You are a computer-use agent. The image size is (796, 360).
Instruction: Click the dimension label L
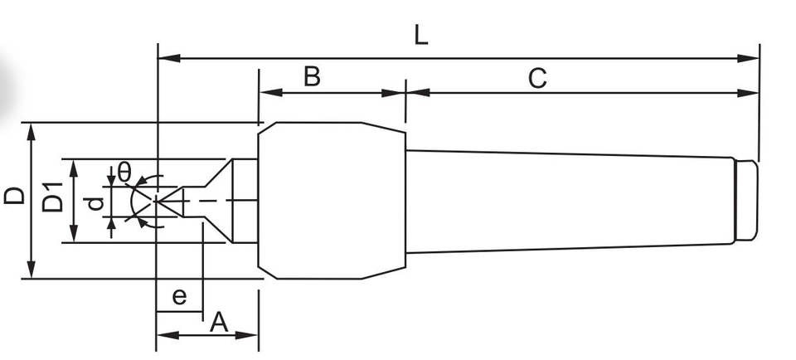(x=421, y=36)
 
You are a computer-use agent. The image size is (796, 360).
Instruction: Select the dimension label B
(x=312, y=76)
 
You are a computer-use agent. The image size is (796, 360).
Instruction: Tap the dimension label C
(x=537, y=79)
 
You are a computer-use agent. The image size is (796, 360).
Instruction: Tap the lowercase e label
(x=177, y=296)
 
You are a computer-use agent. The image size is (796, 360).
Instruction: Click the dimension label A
(x=218, y=322)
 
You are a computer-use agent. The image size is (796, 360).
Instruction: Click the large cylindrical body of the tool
(x=323, y=199)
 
